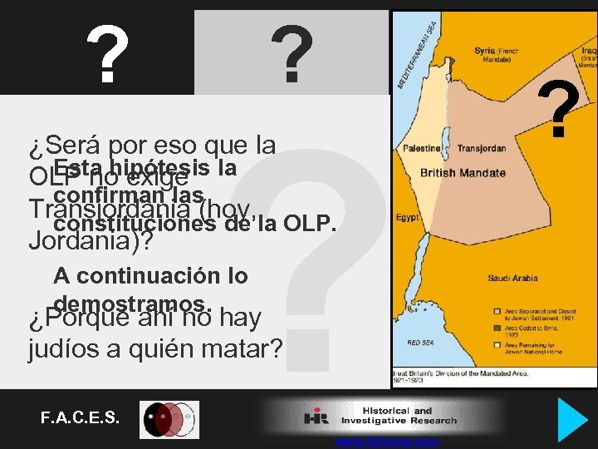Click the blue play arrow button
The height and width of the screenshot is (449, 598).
571,420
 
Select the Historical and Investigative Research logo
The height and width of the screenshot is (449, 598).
382,416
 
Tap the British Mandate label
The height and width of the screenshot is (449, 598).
463,174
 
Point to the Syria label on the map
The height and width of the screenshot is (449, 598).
484,51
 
